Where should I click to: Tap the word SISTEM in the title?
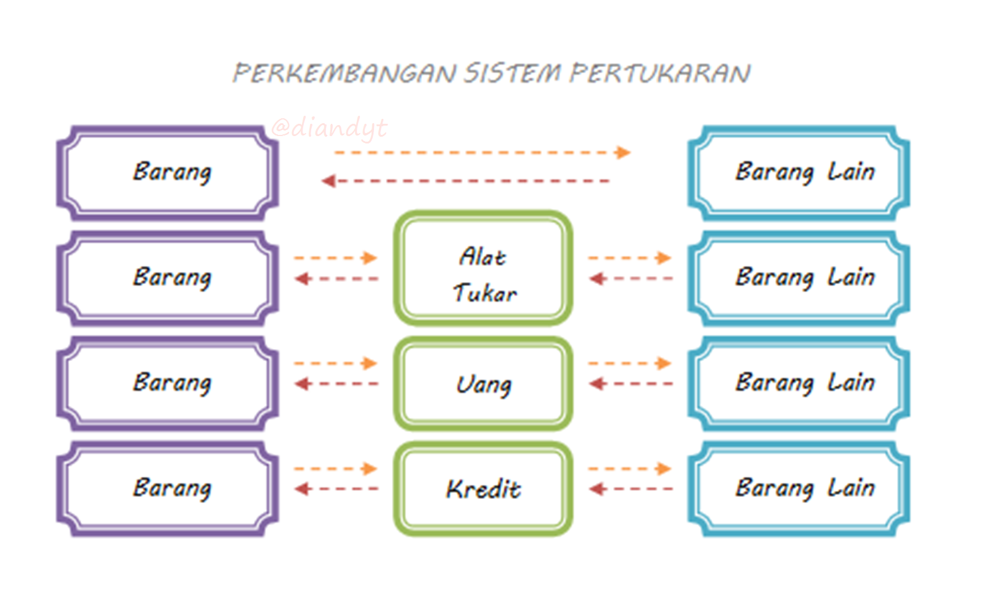tap(513, 73)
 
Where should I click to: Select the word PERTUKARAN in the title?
tap(660, 73)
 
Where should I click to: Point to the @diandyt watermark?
tap(329, 129)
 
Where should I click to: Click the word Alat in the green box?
tap(483, 256)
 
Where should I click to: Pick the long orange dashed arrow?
tap(483, 153)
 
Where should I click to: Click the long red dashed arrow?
tap(465, 181)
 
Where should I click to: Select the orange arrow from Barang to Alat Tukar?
tap(335, 258)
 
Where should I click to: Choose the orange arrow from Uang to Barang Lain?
tap(629, 363)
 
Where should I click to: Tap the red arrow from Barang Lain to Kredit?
tap(631, 489)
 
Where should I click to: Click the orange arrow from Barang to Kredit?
tap(335, 469)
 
